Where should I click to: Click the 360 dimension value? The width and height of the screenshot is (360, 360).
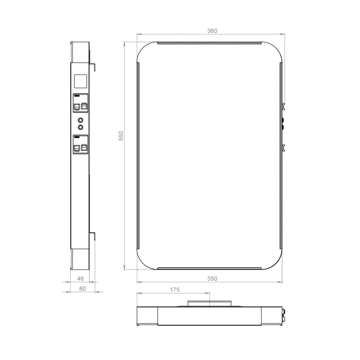tap(212, 31)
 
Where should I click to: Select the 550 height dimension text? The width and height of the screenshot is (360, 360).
tap(121, 136)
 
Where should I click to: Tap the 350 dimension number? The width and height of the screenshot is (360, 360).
tap(212, 279)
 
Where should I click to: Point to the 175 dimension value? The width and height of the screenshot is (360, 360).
tap(175, 290)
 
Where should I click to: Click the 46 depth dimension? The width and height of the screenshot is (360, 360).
tap(81, 278)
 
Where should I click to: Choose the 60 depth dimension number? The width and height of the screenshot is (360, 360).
tap(82, 289)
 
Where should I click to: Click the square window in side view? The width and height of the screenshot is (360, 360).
tap(81, 81)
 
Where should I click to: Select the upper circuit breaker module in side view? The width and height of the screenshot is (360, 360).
tap(81, 103)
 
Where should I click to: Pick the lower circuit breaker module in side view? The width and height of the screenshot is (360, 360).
tap(81, 144)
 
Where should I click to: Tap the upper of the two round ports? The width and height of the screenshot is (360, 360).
tap(81, 120)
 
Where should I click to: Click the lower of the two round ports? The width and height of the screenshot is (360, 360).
tap(81, 127)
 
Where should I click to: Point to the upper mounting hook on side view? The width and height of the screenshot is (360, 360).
tap(93, 66)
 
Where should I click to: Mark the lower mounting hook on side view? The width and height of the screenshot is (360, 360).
tap(93, 235)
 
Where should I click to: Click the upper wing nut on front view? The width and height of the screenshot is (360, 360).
tap(283, 107)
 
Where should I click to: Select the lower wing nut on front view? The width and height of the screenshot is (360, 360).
tap(283, 148)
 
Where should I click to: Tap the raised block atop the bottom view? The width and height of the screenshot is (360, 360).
tap(210, 303)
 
